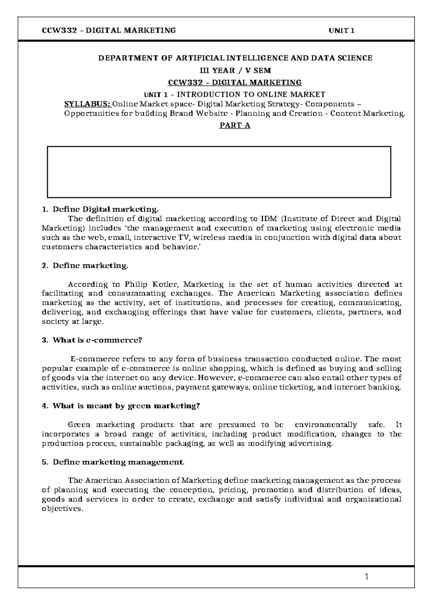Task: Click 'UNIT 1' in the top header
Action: click(x=342, y=31)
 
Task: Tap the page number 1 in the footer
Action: click(x=366, y=578)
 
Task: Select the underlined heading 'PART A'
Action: click(x=235, y=126)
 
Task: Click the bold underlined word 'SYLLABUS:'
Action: click(x=87, y=104)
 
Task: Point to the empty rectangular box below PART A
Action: click(x=219, y=172)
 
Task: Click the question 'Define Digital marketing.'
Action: click(x=105, y=209)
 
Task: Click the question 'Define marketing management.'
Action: click(x=118, y=462)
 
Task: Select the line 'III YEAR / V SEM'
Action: click(x=235, y=70)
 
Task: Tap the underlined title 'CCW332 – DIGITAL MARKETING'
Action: click(x=235, y=83)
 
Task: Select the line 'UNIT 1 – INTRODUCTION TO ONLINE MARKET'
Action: click(x=235, y=95)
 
